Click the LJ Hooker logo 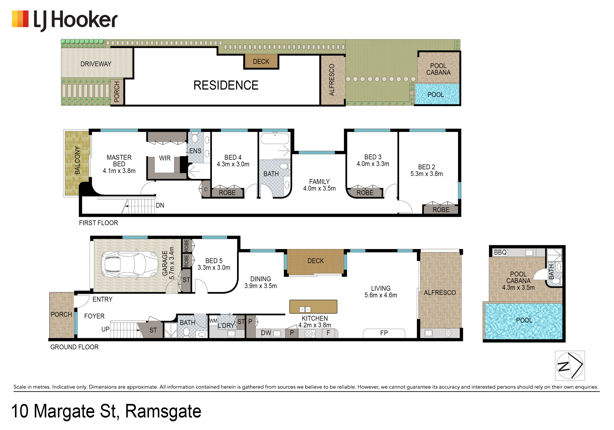[65, 20]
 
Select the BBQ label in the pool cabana [500, 252]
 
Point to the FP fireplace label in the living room [384, 333]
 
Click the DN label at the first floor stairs [160, 205]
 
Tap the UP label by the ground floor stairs [105, 329]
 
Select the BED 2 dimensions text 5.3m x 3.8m [427, 174]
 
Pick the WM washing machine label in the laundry [213, 321]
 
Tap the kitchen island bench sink [305, 309]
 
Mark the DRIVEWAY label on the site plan [96, 64]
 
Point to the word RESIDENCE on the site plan [226, 85]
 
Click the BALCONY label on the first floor [77, 160]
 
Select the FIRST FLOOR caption [98, 223]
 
